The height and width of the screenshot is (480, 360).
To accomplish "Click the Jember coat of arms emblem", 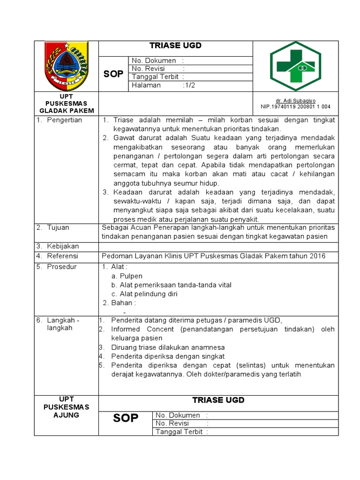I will coord(66,65).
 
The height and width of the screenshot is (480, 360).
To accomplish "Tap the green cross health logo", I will coord(295,66).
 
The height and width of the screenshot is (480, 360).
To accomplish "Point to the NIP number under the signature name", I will coord(295,106).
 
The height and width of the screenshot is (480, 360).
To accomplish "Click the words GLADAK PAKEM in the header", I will coord(66,111).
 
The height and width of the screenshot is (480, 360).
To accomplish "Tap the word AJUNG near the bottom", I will coord(66,415).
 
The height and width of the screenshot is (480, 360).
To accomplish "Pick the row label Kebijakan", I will coord(63,246).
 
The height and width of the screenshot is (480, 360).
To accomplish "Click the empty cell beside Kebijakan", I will coord(218,247).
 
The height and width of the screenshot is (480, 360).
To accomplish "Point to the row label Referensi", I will coord(62,256).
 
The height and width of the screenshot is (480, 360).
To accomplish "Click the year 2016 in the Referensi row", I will coord(317,256).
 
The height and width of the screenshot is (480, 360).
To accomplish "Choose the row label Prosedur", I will coord(61,267).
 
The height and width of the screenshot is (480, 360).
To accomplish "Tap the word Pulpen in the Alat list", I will coord(131,276).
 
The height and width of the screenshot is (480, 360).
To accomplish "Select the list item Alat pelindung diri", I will coord(148,294).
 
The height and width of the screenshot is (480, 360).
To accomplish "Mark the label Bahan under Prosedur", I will coord(123,303).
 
